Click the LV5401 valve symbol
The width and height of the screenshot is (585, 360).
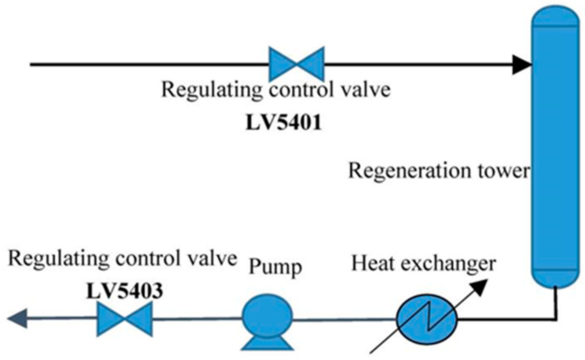[297, 64]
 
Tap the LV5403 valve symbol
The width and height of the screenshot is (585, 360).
[125, 319]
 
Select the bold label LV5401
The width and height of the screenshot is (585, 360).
[283, 123]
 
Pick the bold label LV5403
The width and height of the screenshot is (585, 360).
[125, 291]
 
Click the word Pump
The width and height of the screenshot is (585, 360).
[275, 267]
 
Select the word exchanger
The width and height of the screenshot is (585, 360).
[445, 264]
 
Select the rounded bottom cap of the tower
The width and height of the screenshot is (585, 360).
[555, 278]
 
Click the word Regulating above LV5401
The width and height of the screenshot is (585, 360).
[212, 90]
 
